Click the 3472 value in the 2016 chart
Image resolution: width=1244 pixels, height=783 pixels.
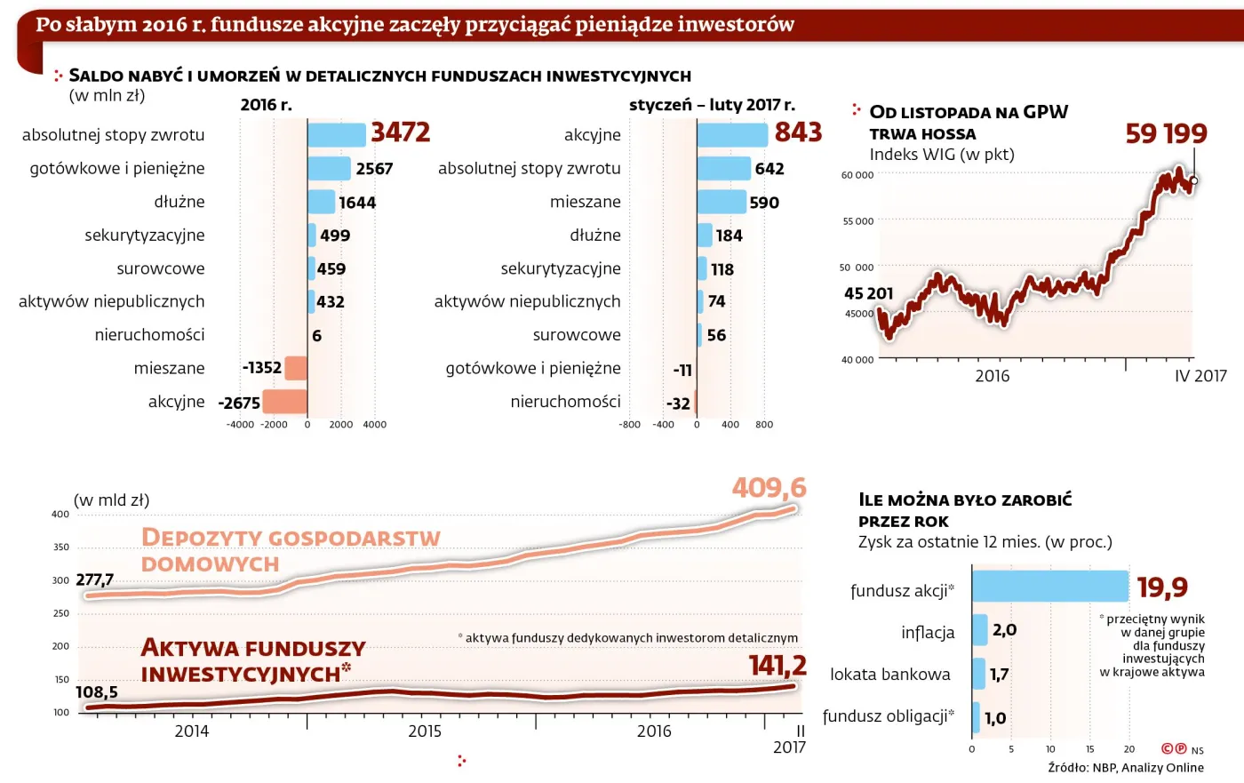(400, 132)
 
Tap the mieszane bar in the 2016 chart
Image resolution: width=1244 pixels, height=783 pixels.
(296, 368)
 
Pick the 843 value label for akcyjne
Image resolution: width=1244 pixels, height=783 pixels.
(798, 132)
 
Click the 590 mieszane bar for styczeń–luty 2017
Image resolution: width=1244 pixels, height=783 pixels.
(722, 202)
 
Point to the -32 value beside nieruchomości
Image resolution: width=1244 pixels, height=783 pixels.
(678, 403)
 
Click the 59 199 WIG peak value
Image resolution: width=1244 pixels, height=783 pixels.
(1166, 134)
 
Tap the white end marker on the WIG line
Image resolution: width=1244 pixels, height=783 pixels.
(1194, 180)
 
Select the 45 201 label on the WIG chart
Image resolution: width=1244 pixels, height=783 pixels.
(868, 293)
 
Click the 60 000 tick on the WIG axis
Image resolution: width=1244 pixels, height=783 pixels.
(857, 175)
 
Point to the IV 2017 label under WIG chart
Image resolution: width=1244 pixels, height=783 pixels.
(1200, 376)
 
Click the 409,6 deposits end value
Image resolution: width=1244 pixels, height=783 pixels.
(769, 488)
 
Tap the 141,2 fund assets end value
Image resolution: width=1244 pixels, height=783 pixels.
(777, 666)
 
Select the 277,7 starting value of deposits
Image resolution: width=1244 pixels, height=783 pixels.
(95, 579)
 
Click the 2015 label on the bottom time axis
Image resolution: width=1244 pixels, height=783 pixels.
(425, 731)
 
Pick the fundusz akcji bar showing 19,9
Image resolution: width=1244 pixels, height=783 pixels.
(1049, 587)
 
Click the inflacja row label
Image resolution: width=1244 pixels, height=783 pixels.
(928, 632)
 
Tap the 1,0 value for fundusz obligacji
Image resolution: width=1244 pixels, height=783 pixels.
(995, 718)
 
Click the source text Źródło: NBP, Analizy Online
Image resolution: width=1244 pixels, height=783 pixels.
(1126, 768)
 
